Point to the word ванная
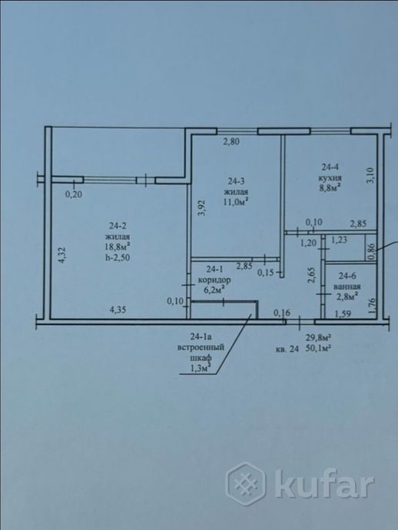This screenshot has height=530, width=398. click(x=347, y=285)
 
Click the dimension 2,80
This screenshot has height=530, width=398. click(x=232, y=141)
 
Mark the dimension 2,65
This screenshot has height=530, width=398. click(x=311, y=275)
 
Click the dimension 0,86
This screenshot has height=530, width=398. click(x=370, y=250)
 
